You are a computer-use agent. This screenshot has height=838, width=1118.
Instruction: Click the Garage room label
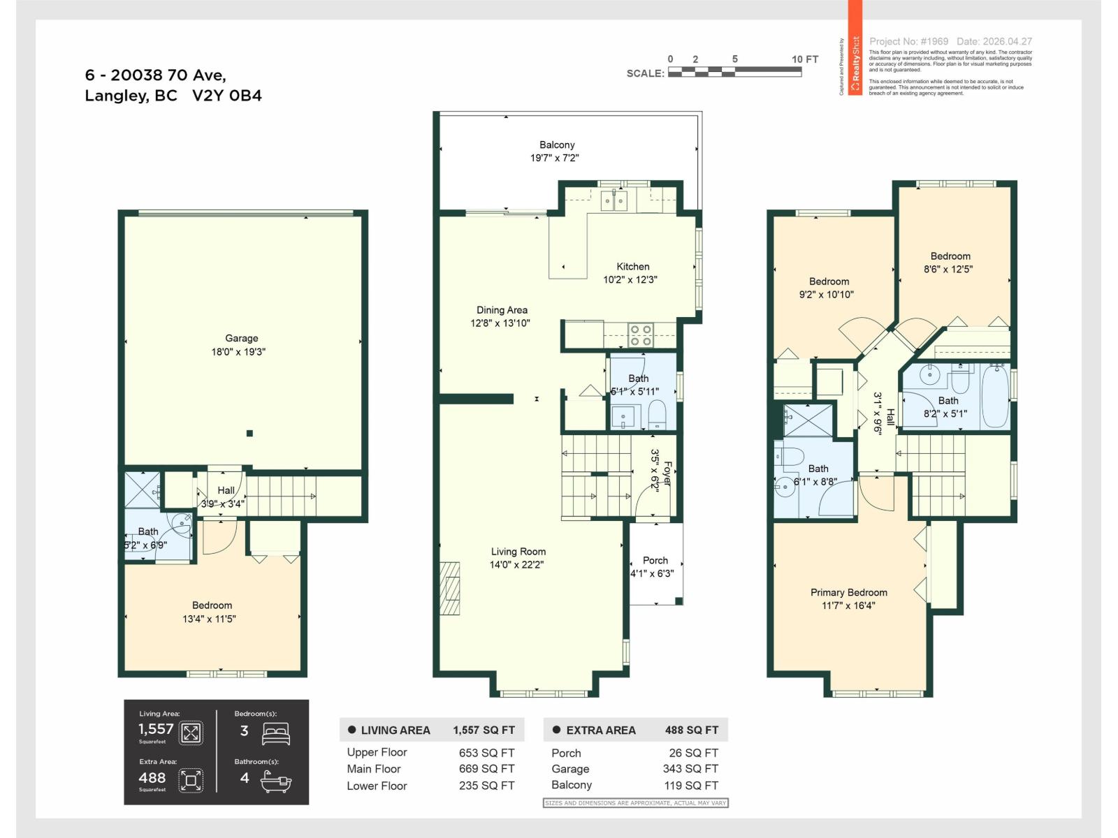click(x=241, y=338)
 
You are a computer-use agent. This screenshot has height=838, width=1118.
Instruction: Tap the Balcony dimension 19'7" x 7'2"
click(x=554, y=159)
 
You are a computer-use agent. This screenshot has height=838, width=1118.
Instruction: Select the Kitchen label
click(x=632, y=267)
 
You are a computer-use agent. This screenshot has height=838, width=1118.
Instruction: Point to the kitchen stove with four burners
click(x=641, y=335)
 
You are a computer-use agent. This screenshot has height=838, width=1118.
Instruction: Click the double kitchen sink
click(x=615, y=202)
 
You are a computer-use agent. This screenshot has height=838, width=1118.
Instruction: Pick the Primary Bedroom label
click(x=848, y=592)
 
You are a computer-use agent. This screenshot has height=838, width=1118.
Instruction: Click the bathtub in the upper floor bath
click(x=994, y=396)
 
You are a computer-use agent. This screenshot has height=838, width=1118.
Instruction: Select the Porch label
click(x=655, y=560)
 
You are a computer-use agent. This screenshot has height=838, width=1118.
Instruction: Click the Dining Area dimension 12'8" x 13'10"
click(x=500, y=323)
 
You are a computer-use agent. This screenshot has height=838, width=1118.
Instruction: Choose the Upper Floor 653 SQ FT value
click(x=486, y=753)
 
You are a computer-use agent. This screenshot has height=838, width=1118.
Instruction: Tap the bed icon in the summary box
click(x=275, y=733)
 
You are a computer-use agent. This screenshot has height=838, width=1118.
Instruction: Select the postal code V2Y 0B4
click(x=227, y=96)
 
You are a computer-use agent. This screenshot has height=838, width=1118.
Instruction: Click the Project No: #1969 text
click(x=908, y=42)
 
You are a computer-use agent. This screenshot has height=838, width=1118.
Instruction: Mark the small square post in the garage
click(x=249, y=433)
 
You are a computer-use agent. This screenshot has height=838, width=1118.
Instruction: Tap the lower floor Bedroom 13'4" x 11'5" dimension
click(x=209, y=619)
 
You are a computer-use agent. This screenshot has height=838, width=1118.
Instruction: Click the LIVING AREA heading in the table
click(x=395, y=730)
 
